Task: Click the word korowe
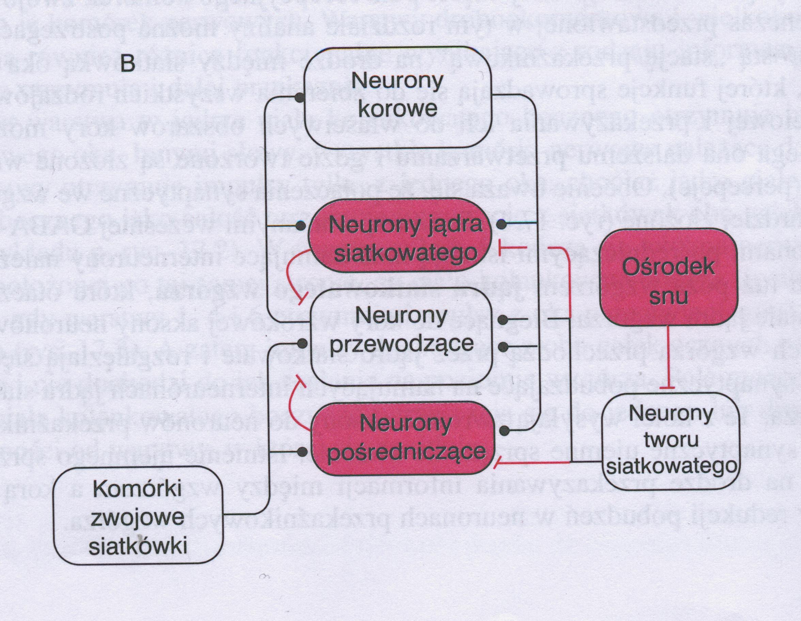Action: pyautogui.click(x=397, y=109)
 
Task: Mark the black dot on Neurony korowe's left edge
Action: pyautogui.click(x=300, y=97)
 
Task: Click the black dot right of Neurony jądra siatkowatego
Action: pyautogui.click(x=501, y=224)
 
